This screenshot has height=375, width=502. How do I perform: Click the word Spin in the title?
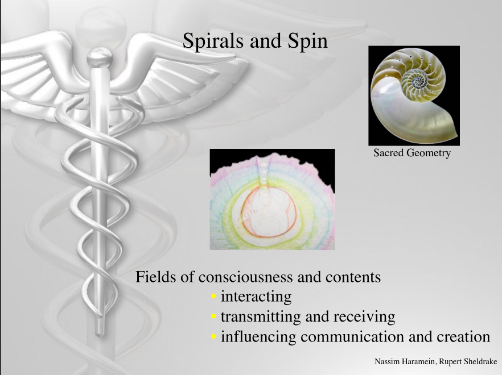click(x=308, y=41)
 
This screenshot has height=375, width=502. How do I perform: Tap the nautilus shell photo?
click(x=414, y=95)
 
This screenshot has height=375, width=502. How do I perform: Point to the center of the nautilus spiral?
click(x=417, y=80)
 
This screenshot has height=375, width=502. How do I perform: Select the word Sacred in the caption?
click(x=388, y=153)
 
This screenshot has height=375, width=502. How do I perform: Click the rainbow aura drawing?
click(x=273, y=199)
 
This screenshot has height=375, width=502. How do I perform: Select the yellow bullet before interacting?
click(x=214, y=297)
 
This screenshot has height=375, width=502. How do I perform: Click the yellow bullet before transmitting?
click(x=214, y=316)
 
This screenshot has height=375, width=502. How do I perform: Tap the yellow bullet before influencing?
click(x=214, y=336)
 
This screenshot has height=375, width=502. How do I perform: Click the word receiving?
click(x=364, y=317)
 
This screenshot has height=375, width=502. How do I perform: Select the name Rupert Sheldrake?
click(x=468, y=361)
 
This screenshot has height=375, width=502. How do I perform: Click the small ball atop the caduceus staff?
click(x=100, y=58)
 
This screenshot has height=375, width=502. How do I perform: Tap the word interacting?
click(x=256, y=297)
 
